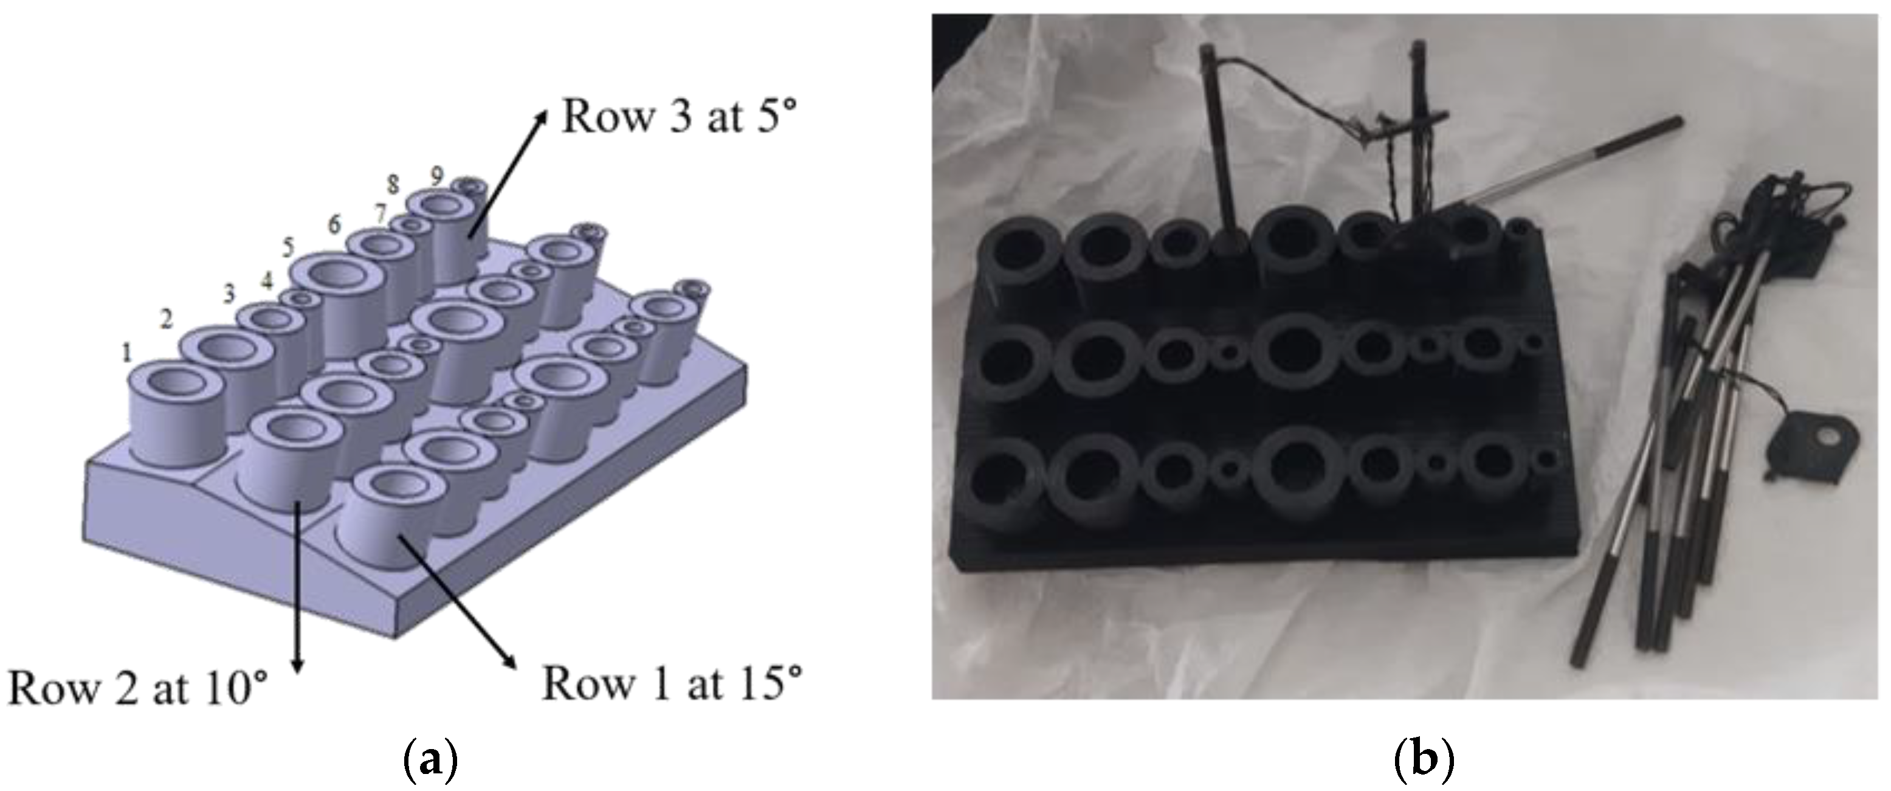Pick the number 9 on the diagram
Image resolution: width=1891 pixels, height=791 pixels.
click(437, 176)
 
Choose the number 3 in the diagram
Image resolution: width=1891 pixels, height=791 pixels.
click(230, 294)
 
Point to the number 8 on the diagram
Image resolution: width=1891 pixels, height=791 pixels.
click(393, 184)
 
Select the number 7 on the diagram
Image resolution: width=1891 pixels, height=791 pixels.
click(379, 215)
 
